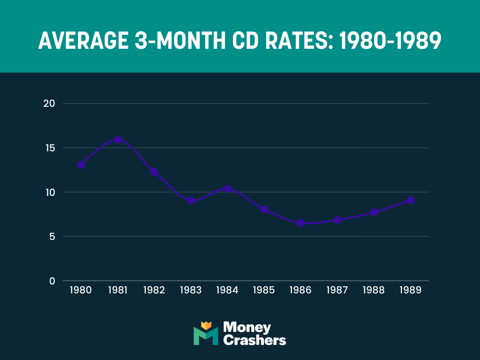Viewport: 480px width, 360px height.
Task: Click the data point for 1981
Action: [118, 139]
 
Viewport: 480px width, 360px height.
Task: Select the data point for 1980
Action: [81, 165]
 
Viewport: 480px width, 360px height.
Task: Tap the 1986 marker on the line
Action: [300, 223]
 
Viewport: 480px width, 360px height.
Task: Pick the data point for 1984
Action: [227, 189]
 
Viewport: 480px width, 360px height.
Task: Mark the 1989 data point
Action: [410, 200]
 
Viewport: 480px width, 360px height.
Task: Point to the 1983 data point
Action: [191, 201]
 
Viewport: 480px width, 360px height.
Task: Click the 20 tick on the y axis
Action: [50, 103]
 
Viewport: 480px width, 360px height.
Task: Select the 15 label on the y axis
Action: [50, 148]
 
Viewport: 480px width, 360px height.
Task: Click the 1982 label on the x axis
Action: [154, 290]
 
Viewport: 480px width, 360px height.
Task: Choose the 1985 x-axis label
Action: [264, 290]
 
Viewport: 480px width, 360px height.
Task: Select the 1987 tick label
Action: [337, 290]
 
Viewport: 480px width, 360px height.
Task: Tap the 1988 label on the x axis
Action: [374, 290]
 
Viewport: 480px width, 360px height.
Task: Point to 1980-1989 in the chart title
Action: [390, 41]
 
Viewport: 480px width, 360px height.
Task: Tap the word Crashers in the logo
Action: [255, 340]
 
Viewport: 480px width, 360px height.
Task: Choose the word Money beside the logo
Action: [247, 327]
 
